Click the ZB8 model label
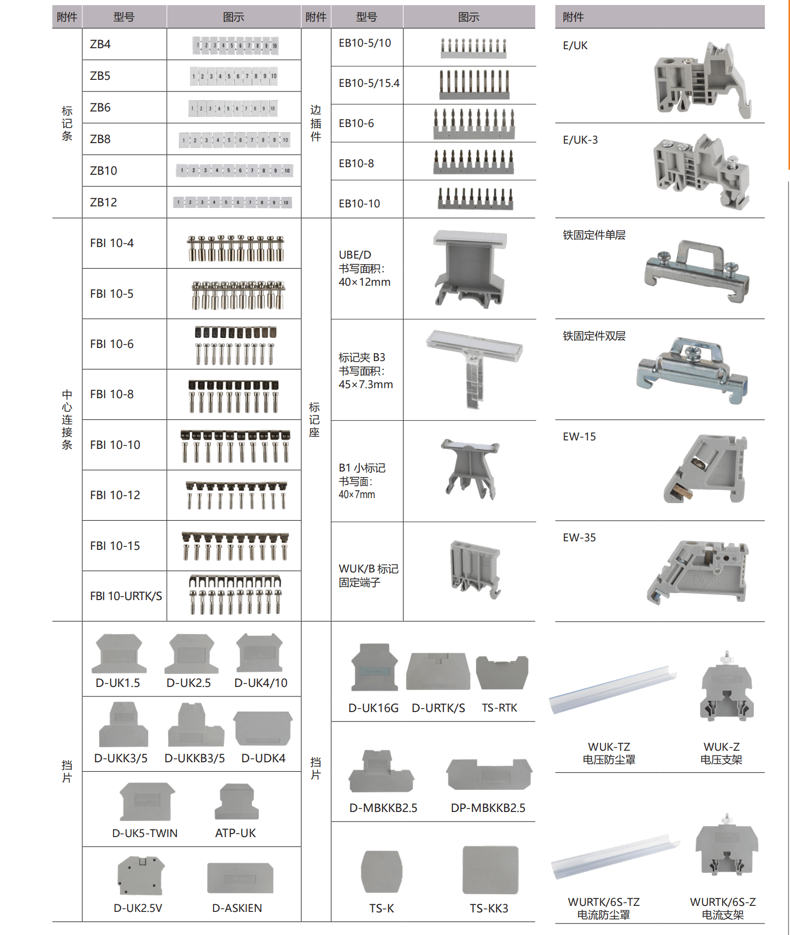click(x=100, y=139)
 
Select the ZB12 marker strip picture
click(x=233, y=202)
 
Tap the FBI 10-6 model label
click(x=112, y=344)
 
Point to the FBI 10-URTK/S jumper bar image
click(x=235, y=595)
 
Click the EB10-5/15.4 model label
click(x=369, y=83)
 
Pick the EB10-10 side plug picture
click(x=475, y=198)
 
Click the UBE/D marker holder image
click(x=469, y=268)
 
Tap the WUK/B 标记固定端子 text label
click(x=368, y=575)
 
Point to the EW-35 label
click(x=579, y=538)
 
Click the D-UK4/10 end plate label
click(x=261, y=683)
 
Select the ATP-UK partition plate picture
click(x=237, y=801)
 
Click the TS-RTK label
click(x=499, y=708)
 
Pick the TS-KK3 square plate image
click(x=490, y=870)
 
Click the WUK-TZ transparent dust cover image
click(x=613, y=689)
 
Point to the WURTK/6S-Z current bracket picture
click(x=726, y=849)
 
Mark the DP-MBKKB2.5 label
click(x=487, y=808)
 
